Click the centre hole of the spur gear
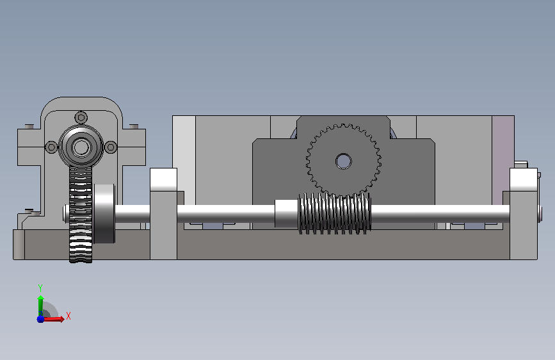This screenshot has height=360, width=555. pyautogui.click(x=343, y=161)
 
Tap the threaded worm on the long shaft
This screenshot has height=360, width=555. pyautogui.click(x=335, y=213)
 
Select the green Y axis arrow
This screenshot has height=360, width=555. pyautogui.click(x=40, y=306)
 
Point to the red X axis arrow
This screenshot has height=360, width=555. pyautogui.click(x=52, y=319)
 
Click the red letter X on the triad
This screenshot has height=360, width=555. pyautogui.click(x=68, y=316)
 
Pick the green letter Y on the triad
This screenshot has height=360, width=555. pyautogui.click(x=40, y=288)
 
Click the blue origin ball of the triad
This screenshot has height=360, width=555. pyautogui.click(x=40, y=319)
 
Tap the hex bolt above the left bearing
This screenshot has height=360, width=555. pyautogui.click(x=81, y=117)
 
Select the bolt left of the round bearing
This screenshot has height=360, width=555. pyautogui.click(x=51, y=147)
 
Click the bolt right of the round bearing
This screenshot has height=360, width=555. pyautogui.click(x=111, y=147)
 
